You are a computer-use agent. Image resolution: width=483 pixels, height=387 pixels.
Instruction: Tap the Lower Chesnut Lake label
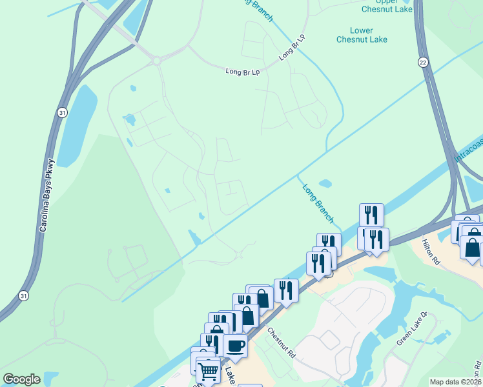(362, 35)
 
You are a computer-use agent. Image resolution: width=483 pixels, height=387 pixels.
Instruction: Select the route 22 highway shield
(423, 61)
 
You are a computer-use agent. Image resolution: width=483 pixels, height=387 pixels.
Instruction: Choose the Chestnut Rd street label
(282, 342)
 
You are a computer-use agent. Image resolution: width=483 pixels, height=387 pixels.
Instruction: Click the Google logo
(21, 379)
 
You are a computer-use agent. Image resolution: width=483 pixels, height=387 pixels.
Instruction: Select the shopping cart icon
(208, 370)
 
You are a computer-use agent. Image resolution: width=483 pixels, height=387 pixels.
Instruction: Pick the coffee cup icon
(235, 346)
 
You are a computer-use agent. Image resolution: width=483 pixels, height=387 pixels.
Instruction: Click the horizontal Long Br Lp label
(242, 71)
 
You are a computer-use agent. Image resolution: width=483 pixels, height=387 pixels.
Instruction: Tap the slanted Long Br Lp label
(291, 48)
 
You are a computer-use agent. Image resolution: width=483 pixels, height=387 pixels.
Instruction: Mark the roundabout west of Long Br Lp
(156, 61)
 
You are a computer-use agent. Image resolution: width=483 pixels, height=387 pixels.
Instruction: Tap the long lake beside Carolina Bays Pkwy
(76, 125)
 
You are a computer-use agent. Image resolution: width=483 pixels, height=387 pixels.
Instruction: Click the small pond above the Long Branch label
(325, 183)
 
